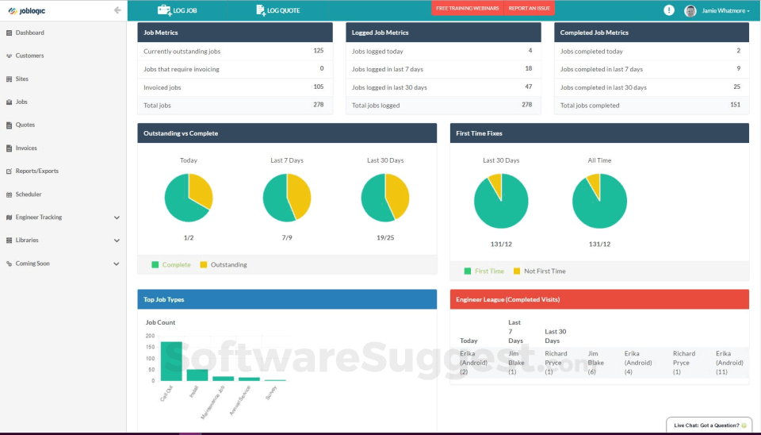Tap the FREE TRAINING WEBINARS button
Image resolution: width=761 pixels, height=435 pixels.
pyautogui.click(x=467, y=8)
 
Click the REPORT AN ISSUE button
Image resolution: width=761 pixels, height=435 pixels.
pyautogui.click(x=529, y=8)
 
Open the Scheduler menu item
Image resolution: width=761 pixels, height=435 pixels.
pyautogui.click(x=29, y=194)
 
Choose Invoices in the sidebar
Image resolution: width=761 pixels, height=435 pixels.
pyautogui.click(x=26, y=148)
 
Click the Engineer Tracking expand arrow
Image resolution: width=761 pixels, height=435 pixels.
pyautogui.click(x=117, y=217)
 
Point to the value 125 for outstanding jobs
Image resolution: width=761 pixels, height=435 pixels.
pyautogui.click(x=318, y=51)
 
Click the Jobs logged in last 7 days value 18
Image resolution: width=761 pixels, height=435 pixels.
pyautogui.click(x=528, y=69)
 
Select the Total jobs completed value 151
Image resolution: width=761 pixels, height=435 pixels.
pyautogui.click(x=735, y=105)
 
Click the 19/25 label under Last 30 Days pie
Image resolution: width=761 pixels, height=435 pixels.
pyautogui.click(x=385, y=237)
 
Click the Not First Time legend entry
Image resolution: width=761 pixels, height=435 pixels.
pyautogui.click(x=545, y=271)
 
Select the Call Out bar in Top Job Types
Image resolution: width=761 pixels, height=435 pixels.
pyautogui.click(x=171, y=361)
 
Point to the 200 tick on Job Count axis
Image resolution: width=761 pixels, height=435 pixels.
pyautogui.click(x=151, y=336)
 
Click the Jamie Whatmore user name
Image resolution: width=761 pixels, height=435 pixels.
pyautogui.click(x=724, y=10)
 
